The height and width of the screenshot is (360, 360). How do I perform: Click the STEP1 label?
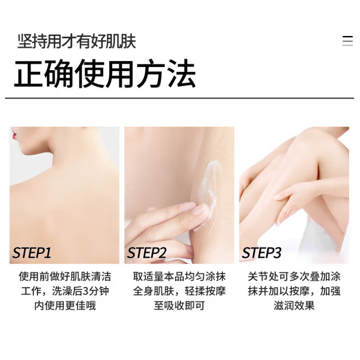pyautogui.click(x=31, y=253)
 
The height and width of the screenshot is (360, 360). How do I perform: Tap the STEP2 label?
pyautogui.click(x=147, y=253)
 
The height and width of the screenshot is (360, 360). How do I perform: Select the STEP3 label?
pyautogui.click(x=261, y=253)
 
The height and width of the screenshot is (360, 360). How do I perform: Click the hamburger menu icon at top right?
pyautogui.click(x=347, y=41)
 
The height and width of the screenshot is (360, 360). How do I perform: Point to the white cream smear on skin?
pyautogui.click(x=211, y=189)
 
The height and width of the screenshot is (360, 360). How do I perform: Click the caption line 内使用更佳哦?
pyautogui.click(x=65, y=306)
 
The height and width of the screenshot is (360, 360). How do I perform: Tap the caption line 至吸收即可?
pyautogui.click(x=179, y=306)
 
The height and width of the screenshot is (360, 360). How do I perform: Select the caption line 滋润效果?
pyautogui.click(x=294, y=306)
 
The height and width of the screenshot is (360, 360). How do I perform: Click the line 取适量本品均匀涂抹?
pyautogui.click(x=179, y=276)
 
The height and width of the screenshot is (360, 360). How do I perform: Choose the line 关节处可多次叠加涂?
pyautogui.click(x=294, y=276)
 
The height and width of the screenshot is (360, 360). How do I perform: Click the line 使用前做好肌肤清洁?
pyautogui.click(x=65, y=276)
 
